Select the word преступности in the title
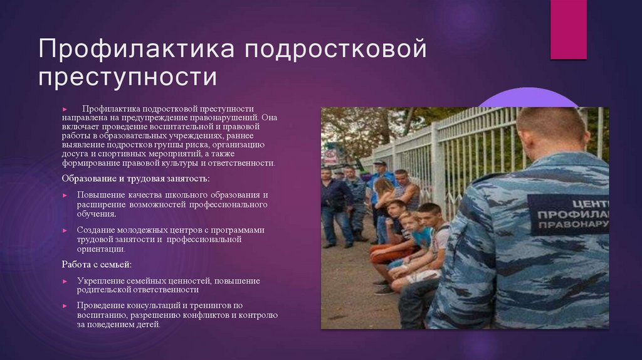click(127, 78)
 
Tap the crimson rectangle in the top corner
click(568, 29)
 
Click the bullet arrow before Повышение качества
click(65, 195)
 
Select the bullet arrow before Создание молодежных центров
click(65, 230)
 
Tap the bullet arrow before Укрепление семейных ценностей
click(65, 281)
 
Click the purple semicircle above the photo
click(527, 98)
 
